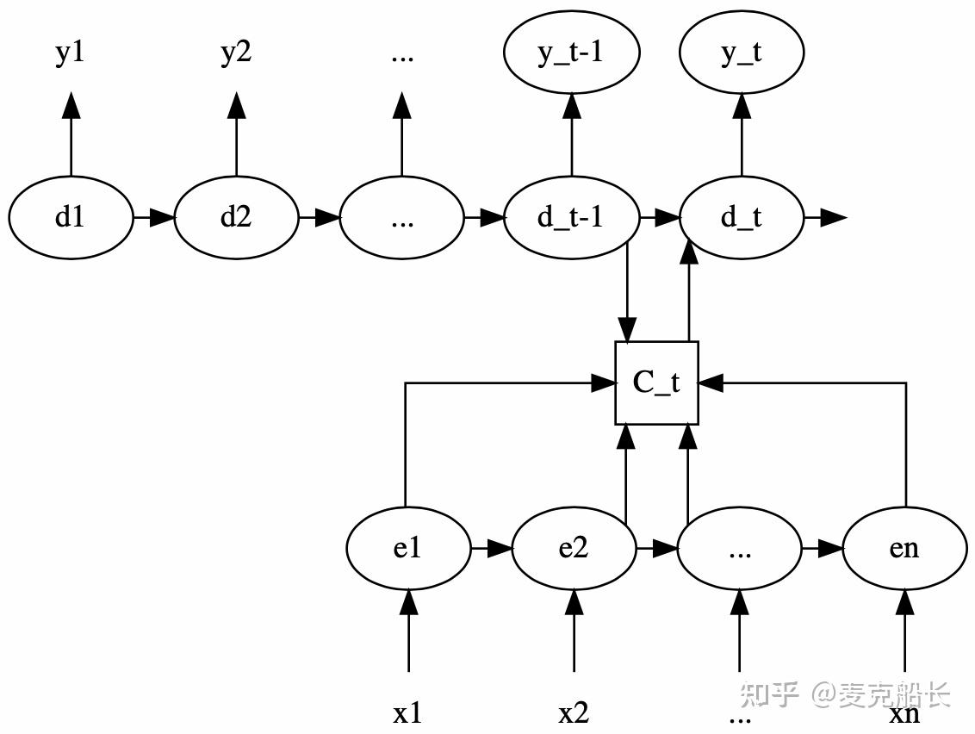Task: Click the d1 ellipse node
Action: [71, 218]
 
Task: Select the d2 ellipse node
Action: [236, 218]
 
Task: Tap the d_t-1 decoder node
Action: [571, 218]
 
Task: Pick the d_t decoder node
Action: [742, 218]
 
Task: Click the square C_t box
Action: [656, 383]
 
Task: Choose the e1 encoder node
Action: [408, 548]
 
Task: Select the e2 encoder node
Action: [574, 548]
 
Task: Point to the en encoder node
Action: [904, 548]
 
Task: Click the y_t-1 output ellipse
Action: [571, 53]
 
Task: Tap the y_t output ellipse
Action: [742, 53]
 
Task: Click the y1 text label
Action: [71, 53]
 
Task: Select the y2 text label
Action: [236, 53]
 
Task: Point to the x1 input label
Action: [408, 713]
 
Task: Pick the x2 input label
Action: [574, 713]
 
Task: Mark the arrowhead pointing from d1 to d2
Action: [162, 218]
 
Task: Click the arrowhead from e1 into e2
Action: [500, 548]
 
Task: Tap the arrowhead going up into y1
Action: [71, 105]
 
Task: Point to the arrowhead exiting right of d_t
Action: [834, 218]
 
